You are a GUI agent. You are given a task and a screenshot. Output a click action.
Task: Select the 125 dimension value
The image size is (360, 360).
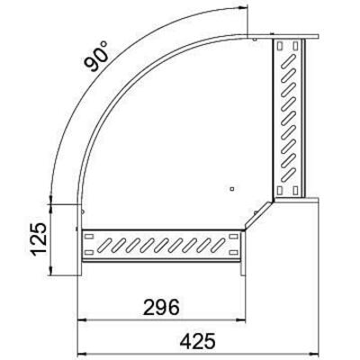click(35, 239)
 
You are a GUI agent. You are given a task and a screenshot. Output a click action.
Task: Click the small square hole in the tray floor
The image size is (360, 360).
click(231, 189)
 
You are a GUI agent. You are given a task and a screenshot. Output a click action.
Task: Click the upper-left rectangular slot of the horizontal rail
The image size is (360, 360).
click(88, 235)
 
